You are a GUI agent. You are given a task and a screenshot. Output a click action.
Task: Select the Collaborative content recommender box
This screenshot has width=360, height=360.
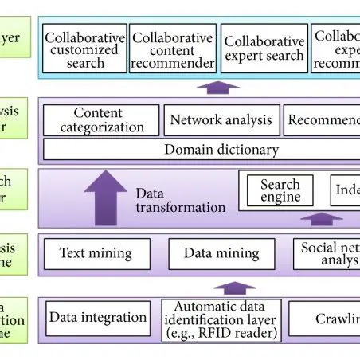(x=173, y=49)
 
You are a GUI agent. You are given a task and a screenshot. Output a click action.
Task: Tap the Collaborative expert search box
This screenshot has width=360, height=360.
(x=264, y=49)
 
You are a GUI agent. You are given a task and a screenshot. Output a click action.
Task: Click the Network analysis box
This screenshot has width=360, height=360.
(x=221, y=121)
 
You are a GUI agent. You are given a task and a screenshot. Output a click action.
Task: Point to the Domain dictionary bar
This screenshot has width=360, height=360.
(x=199, y=149)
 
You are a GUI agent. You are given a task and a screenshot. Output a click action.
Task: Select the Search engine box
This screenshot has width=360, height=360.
(x=280, y=190)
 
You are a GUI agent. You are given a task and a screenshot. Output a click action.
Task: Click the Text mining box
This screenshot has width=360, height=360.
(x=96, y=253)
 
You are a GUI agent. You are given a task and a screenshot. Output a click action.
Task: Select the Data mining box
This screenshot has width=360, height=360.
(x=221, y=253)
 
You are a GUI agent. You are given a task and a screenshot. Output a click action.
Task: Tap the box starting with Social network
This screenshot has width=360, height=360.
(x=326, y=253)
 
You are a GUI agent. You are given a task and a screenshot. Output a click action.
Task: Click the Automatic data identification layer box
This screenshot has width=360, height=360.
(x=220, y=319)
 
